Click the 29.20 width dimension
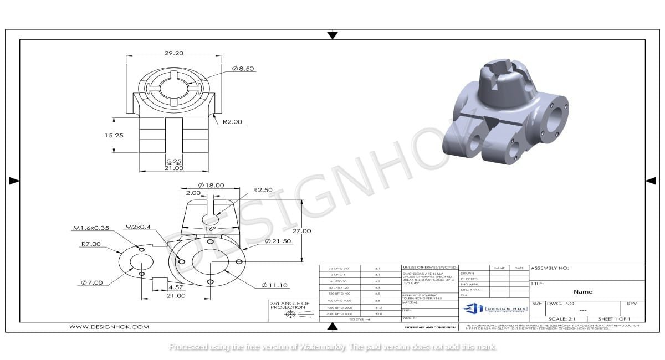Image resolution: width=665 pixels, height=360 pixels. pyautogui.click(x=173, y=53)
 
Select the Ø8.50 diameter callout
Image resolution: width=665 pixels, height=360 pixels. pyautogui.click(x=243, y=68)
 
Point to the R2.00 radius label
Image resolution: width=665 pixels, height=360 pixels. pyautogui.click(x=232, y=122)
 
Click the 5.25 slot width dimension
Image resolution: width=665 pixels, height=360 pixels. pyautogui.click(x=174, y=162)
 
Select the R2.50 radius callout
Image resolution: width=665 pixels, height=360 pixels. pyautogui.click(x=264, y=190)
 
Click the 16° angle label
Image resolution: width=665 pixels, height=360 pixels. pyautogui.click(x=210, y=228)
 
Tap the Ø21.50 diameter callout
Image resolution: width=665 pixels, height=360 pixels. pyautogui.click(x=278, y=241)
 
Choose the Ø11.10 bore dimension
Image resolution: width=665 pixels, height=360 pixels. pyautogui.click(x=275, y=285)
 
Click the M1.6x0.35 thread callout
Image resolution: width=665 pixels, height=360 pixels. pyautogui.click(x=91, y=228)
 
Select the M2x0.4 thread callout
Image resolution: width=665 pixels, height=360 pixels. pyautogui.click(x=139, y=227)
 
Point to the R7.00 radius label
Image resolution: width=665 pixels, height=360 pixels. pyautogui.click(x=91, y=244)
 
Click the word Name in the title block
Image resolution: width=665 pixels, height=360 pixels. pyautogui.click(x=582, y=291)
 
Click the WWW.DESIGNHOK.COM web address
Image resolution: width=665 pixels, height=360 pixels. pyautogui.click(x=109, y=327)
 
